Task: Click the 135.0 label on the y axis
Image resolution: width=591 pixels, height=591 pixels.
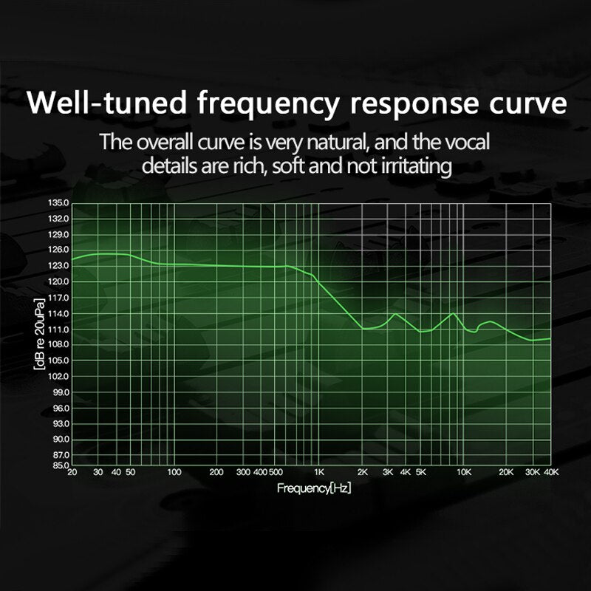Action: click(x=58, y=203)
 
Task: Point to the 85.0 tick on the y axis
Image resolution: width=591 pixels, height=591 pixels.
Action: click(x=58, y=465)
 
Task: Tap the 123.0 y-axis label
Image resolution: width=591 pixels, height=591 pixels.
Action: click(x=58, y=266)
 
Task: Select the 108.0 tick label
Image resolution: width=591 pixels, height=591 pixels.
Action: click(x=58, y=344)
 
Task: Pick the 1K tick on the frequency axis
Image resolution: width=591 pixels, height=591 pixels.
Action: click(x=319, y=472)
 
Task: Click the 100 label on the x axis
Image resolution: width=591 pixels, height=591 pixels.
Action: click(x=174, y=472)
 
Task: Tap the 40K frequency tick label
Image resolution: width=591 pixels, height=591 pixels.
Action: click(x=551, y=472)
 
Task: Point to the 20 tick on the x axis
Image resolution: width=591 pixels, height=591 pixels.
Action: click(x=72, y=472)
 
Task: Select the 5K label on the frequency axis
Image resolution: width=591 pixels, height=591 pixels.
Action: click(x=421, y=472)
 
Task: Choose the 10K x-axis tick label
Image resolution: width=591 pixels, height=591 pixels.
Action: click(x=464, y=472)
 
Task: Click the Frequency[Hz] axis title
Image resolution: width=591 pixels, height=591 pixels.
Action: click(x=314, y=488)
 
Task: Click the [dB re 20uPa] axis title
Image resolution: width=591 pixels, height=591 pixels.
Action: click(x=40, y=335)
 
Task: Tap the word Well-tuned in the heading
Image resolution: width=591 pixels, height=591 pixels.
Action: click(x=106, y=103)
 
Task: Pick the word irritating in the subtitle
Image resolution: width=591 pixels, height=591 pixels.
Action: click(x=417, y=167)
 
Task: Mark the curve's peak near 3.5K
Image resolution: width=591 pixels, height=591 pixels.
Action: click(x=395, y=313)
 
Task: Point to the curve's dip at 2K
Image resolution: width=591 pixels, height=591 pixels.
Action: click(x=364, y=329)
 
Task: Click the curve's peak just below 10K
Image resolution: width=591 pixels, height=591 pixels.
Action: click(x=454, y=312)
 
